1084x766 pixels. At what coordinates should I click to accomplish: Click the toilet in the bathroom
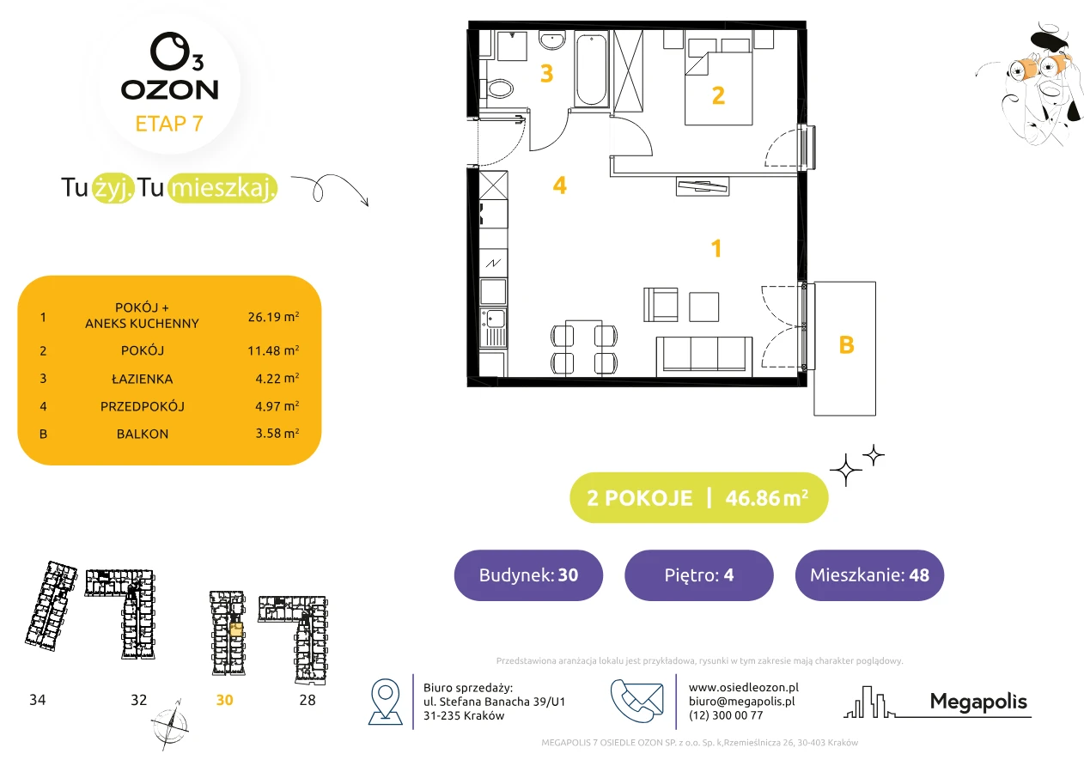[497, 89]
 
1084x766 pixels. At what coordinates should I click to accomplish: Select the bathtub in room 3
[591, 70]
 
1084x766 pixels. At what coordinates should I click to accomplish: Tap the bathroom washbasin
[552, 40]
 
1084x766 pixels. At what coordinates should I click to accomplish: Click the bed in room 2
[718, 82]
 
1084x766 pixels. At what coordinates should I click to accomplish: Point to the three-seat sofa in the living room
[704, 356]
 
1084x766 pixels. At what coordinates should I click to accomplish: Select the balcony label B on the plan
[846, 345]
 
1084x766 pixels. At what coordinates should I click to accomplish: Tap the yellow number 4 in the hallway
[559, 185]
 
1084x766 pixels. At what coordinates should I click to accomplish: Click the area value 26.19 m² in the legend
[273, 317]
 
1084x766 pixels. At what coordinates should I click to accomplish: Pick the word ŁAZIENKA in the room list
[143, 379]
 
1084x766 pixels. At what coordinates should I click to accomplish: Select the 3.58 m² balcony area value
[277, 433]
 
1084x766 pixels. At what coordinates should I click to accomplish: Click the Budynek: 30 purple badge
[528, 574]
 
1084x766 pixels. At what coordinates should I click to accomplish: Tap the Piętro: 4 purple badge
[699, 574]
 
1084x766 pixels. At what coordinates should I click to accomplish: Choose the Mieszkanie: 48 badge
[869, 574]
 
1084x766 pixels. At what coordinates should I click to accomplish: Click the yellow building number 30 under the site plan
[224, 700]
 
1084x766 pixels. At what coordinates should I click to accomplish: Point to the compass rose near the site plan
[169, 725]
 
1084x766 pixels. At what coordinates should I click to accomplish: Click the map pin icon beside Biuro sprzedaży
[385, 702]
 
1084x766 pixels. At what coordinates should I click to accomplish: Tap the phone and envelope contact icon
[636, 701]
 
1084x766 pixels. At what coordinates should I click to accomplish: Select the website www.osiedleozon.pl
[744, 688]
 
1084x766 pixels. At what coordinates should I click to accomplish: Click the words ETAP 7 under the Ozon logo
[169, 124]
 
